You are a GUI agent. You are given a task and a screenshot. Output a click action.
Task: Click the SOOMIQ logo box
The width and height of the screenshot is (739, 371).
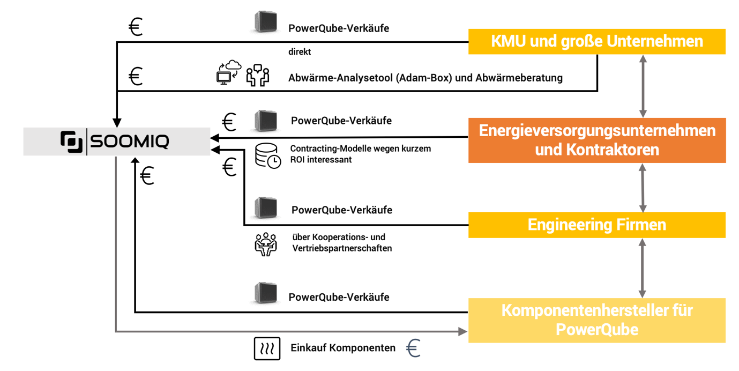(117, 142)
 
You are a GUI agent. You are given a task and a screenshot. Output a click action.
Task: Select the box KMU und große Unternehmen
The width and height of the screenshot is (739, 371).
(597, 42)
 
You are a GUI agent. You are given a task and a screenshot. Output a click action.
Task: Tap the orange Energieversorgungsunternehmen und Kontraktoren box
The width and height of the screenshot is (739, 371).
(597, 140)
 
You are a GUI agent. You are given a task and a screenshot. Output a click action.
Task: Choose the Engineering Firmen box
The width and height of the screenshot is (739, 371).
(597, 225)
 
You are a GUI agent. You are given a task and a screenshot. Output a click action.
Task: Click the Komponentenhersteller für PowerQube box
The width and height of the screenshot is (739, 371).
(597, 320)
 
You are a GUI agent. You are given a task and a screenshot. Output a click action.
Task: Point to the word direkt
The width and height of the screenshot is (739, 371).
(300, 51)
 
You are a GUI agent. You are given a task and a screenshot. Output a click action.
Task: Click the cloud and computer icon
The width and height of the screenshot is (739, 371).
(229, 72)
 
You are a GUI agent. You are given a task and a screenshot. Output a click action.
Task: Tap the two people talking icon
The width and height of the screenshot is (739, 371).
(258, 75)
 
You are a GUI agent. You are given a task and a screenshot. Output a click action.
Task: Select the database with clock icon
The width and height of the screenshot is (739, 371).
(268, 155)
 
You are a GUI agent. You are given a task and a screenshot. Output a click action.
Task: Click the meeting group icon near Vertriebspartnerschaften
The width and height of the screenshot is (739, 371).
(266, 244)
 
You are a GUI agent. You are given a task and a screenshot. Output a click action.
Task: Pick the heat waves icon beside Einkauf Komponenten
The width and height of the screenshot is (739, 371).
(267, 348)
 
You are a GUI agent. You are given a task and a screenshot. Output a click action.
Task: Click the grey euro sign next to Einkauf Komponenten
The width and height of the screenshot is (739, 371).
(413, 348)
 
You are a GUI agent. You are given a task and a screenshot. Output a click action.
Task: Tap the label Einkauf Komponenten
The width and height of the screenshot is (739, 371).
(343, 348)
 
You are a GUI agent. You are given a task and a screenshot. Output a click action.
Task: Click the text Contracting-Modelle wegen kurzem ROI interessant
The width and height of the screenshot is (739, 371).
(360, 154)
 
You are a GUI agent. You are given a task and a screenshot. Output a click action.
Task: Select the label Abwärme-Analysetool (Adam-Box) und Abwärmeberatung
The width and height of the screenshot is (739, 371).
(426, 78)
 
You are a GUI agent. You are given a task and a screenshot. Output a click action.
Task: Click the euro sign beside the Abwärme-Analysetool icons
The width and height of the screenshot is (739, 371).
(136, 76)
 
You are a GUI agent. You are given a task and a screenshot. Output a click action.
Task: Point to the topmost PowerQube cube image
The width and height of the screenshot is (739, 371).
(266, 22)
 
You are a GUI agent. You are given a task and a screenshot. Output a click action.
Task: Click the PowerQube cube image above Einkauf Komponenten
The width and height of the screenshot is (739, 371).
(266, 293)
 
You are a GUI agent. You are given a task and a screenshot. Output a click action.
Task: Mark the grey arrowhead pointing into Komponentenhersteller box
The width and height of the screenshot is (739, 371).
(463, 331)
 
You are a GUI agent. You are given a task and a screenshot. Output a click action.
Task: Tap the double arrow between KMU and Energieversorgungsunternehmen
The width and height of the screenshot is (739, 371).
(643, 86)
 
